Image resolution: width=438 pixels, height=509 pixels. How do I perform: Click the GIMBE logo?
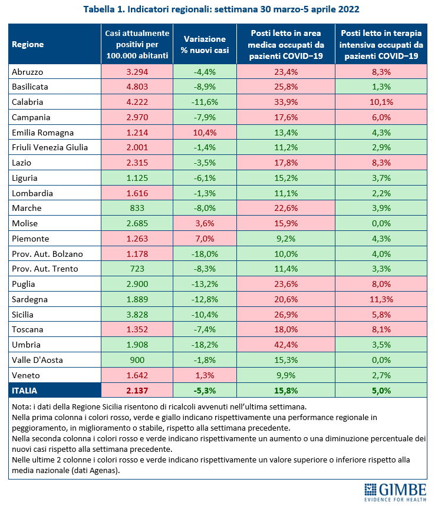click(x=395, y=492)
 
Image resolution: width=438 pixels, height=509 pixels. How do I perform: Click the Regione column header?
click(x=28, y=44)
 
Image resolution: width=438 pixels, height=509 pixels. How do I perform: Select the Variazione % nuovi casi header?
click(x=205, y=44)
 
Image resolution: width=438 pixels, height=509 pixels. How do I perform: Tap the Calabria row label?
click(x=27, y=102)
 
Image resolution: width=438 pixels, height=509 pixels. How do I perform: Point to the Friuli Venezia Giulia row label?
click(x=50, y=147)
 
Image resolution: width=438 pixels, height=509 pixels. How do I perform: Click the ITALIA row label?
click(x=24, y=391)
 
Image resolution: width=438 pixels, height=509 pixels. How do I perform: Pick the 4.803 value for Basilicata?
click(x=137, y=87)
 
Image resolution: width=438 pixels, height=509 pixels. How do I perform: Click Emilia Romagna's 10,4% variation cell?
click(x=205, y=133)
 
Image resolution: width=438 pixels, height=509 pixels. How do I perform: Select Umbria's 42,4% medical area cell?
click(x=286, y=345)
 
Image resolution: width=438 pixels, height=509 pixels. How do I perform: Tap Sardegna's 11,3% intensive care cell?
click(x=381, y=299)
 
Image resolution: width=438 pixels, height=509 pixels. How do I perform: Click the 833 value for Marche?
click(x=137, y=208)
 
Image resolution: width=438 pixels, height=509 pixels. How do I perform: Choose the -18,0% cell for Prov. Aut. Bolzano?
click(x=205, y=254)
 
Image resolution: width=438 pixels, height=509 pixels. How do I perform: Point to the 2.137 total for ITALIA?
click(x=137, y=391)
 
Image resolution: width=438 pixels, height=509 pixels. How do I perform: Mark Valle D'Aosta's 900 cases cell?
click(x=137, y=360)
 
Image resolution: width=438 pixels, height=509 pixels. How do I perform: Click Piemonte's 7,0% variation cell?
click(x=205, y=239)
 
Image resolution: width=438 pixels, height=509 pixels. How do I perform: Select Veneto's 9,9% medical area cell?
click(x=286, y=375)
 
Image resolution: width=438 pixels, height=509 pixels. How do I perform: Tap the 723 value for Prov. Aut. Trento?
click(x=137, y=269)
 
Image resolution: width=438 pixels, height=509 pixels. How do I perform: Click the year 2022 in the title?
click(x=348, y=9)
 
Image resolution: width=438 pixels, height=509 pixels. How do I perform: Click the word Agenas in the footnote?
click(x=103, y=470)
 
